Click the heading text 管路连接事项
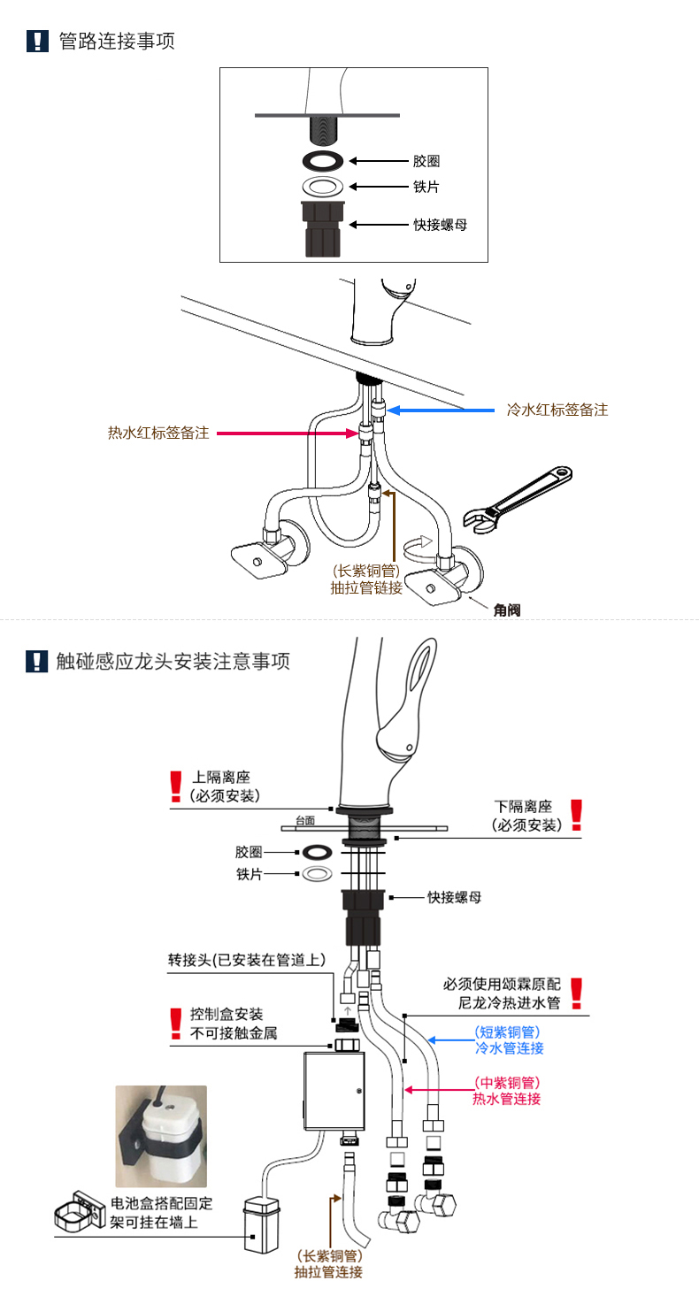point(116,41)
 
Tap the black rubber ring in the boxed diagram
point(323,161)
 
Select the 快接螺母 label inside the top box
point(440,225)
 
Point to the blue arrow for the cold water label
point(442,410)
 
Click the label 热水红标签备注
point(158,433)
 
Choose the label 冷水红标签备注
point(557,410)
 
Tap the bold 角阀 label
point(508,609)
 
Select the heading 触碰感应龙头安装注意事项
point(173,661)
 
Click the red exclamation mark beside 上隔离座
point(174,786)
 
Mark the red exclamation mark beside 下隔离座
point(576,814)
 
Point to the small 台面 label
point(304,820)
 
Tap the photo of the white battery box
point(161,1135)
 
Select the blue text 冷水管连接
point(509,1048)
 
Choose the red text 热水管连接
point(507,1099)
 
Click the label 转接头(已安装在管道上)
point(247,960)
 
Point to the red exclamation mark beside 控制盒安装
point(174,1023)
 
